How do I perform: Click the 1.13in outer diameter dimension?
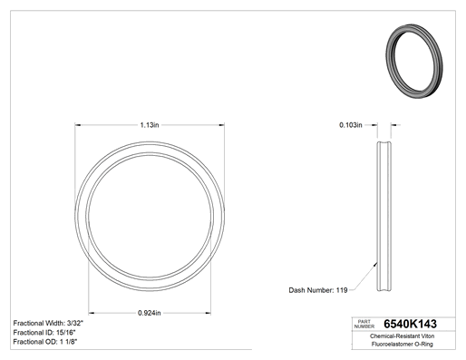point(150,125)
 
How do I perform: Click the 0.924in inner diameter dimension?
point(150,313)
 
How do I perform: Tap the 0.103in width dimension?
point(351,125)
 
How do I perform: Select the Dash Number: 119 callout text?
point(318,290)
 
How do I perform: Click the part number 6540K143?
point(410,324)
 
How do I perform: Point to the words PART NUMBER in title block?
point(364,324)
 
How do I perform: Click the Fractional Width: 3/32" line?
point(48,323)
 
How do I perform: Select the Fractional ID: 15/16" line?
point(44,333)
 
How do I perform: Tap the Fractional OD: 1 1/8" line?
point(45,342)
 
